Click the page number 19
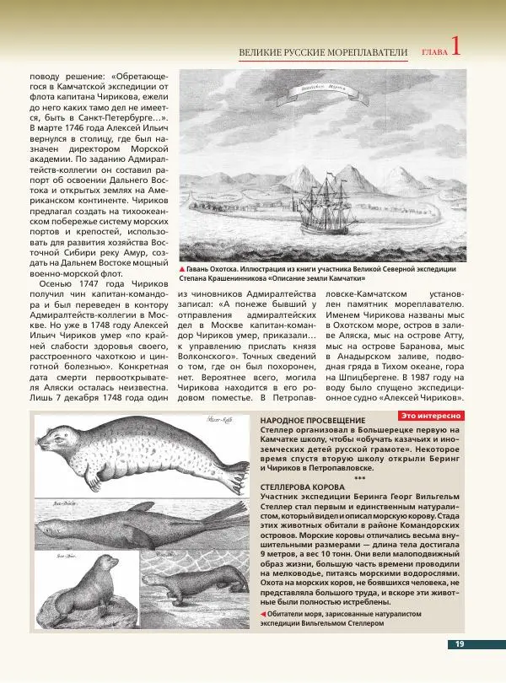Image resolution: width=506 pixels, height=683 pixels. (x=460, y=644)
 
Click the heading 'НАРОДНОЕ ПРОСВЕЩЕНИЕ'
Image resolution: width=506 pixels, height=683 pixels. (x=313, y=420)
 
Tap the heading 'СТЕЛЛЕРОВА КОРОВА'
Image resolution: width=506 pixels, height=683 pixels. (x=302, y=487)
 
